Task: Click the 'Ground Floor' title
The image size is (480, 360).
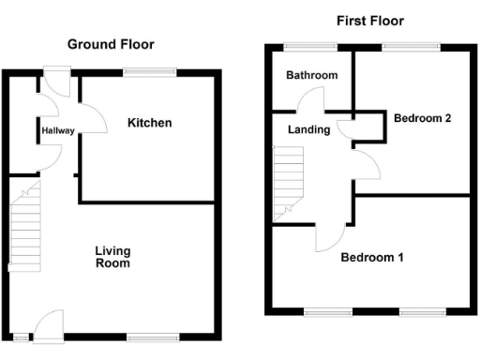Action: (x=110, y=44)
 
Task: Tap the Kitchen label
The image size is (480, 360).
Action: (x=150, y=123)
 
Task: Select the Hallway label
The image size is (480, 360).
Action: (x=57, y=132)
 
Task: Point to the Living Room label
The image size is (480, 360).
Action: (x=112, y=257)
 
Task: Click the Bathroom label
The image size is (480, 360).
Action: (x=312, y=75)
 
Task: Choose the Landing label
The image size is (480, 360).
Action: (x=308, y=130)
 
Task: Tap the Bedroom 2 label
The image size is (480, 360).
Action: (x=423, y=118)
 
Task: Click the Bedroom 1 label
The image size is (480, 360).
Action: (x=372, y=257)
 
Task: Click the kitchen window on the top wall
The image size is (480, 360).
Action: (x=151, y=71)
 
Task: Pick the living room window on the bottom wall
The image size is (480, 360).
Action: (x=151, y=337)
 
